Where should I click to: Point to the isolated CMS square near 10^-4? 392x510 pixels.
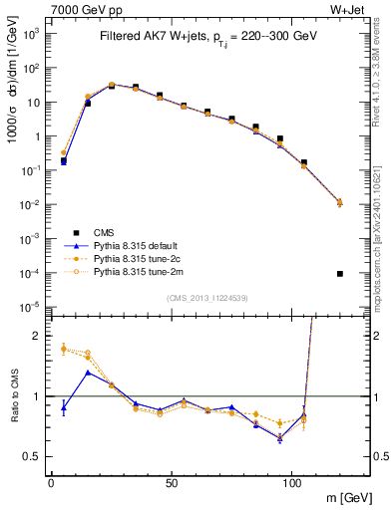[340, 274]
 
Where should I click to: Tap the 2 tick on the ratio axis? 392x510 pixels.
[37, 336]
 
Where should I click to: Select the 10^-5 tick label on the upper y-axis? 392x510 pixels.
[31, 306]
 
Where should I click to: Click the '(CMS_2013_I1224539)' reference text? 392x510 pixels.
[207, 295]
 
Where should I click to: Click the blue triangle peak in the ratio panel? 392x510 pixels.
[88, 373]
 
